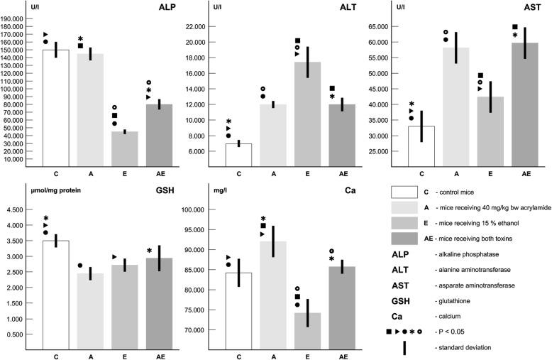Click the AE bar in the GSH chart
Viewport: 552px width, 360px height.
click(x=160, y=299)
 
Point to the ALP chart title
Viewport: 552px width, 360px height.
click(x=168, y=9)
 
